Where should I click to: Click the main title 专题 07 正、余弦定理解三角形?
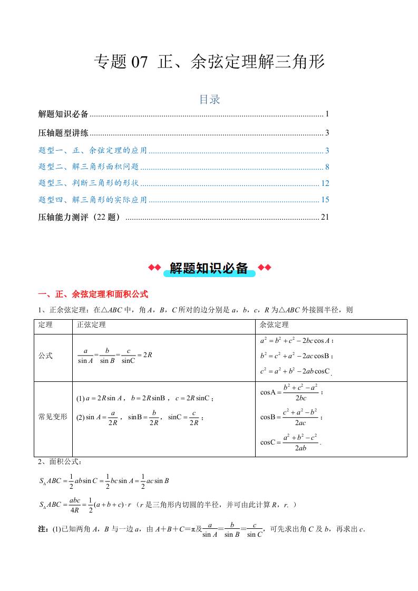coord(209,63)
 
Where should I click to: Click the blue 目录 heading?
coord(209,99)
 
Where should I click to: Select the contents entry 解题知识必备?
coord(64,114)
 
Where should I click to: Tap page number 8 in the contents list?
coord(327,167)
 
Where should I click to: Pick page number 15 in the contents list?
coord(325,200)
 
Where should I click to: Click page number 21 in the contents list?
coord(325,217)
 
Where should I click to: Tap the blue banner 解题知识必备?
coord(209,268)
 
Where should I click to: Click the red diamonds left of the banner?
coord(154,268)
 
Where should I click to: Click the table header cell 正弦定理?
coord(91,325)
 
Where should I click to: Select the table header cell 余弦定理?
coord(275,325)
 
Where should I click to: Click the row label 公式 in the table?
coord(46,356)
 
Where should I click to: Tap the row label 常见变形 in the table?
coord(53,416)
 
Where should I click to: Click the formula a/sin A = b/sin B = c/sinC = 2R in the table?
coord(114,356)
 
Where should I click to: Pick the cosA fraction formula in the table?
coord(291,392)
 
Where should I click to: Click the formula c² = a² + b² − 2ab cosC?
coord(295,371)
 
